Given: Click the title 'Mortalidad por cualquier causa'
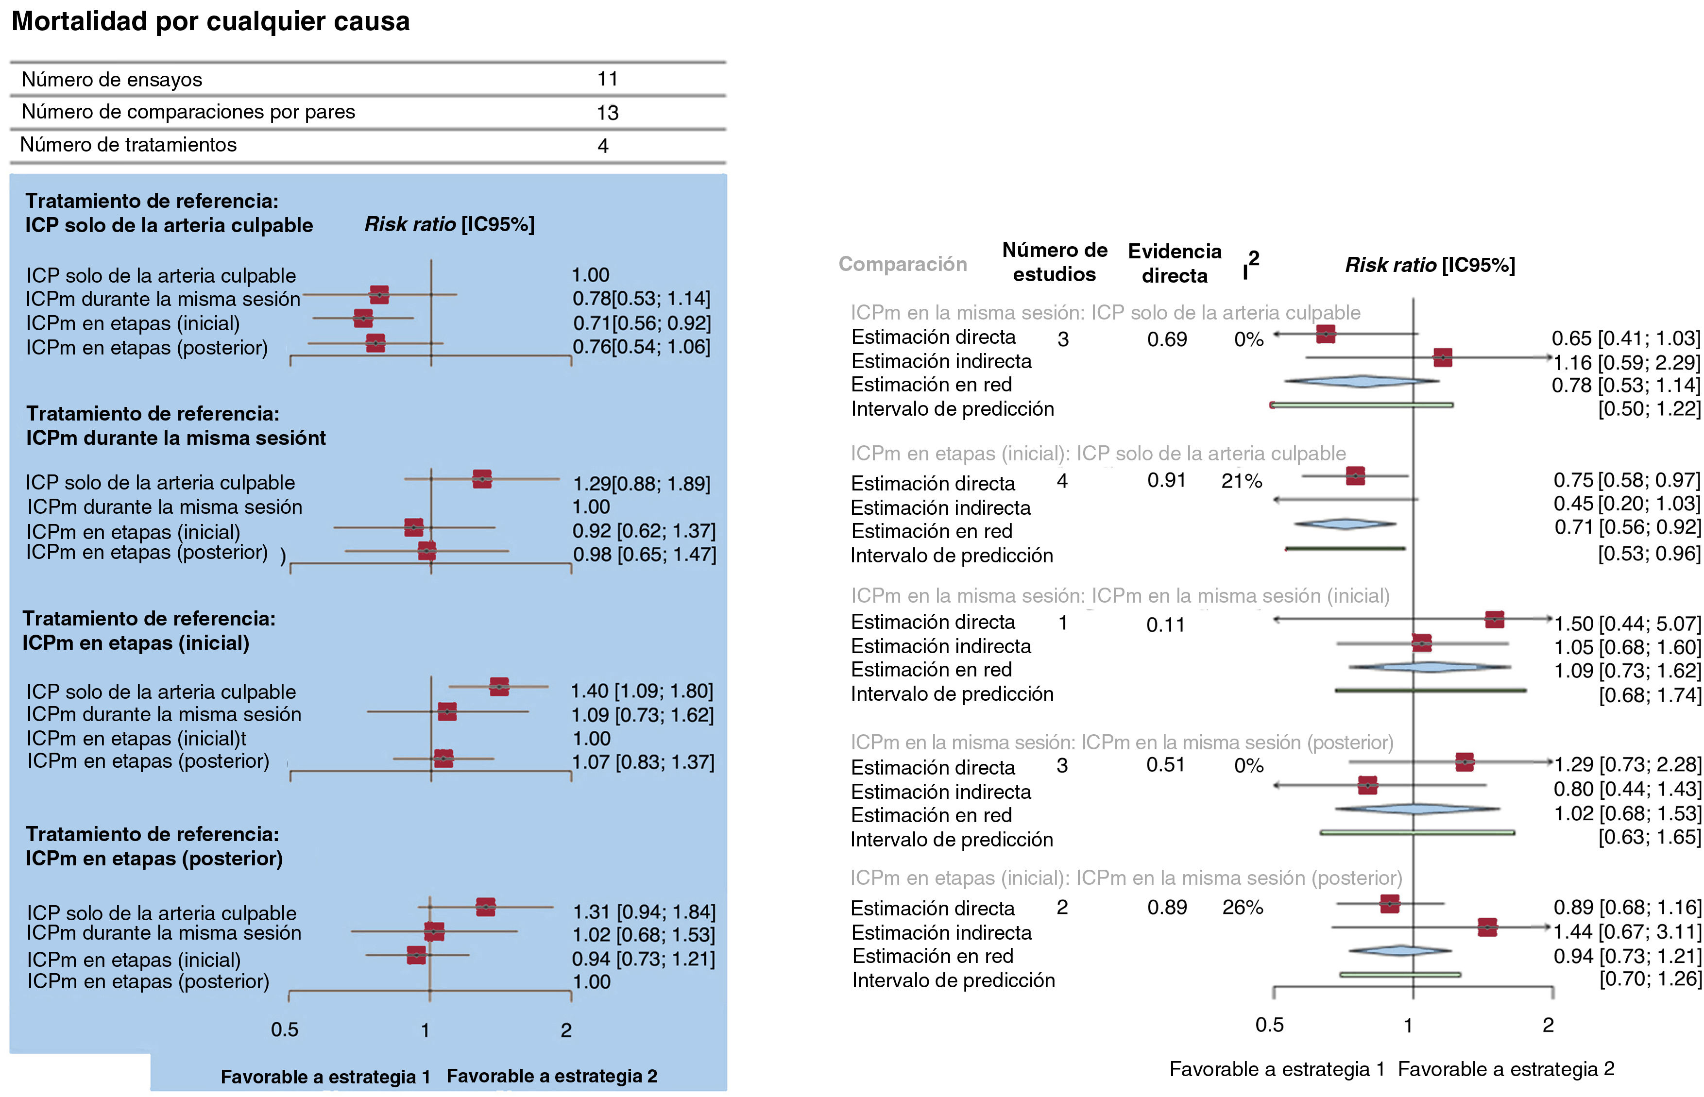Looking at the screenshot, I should (211, 21).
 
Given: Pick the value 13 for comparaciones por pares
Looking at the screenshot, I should (607, 113).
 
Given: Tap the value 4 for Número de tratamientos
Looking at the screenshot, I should (603, 145).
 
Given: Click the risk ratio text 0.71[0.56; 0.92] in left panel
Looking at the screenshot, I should (642, 323).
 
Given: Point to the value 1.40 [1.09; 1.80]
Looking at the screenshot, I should (642, 691).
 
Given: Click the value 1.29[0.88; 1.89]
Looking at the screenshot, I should (642, 484).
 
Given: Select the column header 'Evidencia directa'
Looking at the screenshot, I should (1174, 263).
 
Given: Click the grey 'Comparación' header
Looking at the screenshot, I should (903, 264).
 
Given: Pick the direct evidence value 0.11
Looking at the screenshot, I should (1165, 624).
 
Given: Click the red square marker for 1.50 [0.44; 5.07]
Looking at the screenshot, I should (1494, 619).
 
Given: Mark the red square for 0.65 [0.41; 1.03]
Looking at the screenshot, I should (1325, 334).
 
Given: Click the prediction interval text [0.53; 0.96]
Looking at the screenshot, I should (1649, 554).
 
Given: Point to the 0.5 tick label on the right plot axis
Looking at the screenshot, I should (1269, 1025).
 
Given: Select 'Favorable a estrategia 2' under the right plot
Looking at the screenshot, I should (1506, 1069).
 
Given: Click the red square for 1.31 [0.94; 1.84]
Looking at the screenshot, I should (485, 907).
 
